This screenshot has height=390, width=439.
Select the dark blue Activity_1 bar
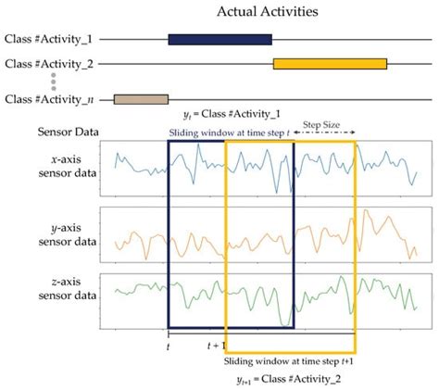coord(219,40)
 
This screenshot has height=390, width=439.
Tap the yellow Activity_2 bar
coord(330,64)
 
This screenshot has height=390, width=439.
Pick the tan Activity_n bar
coord(140,98)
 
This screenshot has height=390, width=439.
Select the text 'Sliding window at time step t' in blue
coord(230,133)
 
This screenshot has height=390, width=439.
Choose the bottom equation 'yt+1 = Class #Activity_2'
coord(289,379)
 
